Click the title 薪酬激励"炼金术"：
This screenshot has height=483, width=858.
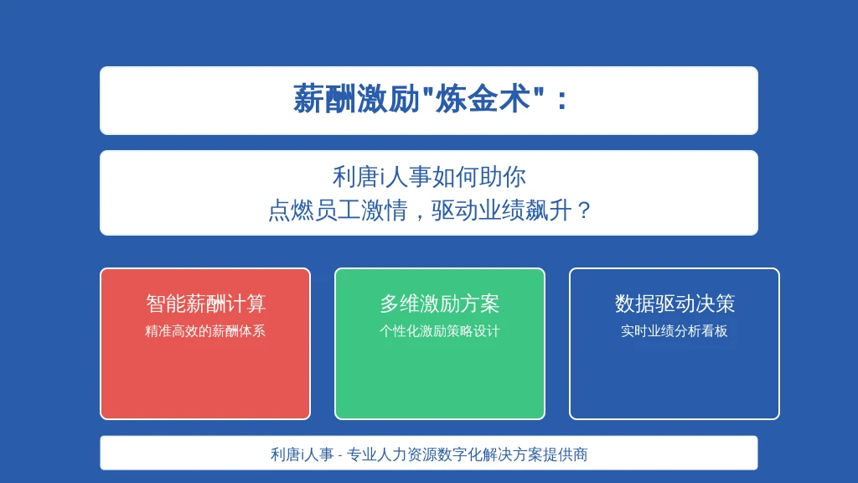(430, 99)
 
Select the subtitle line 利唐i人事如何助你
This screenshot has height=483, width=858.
(429, 177)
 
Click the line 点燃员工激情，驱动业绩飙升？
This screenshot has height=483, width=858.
(429, 210)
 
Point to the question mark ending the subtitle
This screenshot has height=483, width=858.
(584, 210)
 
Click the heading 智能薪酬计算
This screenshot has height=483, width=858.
(206, 304)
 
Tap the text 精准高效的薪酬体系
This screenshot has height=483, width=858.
(205, 330)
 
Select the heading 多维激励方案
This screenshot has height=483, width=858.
(439, 304)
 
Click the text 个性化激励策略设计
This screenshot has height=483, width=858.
(439, 330)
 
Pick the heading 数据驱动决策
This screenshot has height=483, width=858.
(675, 304)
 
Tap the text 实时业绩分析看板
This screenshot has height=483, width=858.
(675, 330)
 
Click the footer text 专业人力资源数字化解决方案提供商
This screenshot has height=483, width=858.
(468, 454)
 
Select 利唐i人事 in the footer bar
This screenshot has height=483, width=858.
(302, 454)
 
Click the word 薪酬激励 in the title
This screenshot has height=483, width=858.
(356, 99)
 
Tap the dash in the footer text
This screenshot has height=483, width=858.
(340, 455)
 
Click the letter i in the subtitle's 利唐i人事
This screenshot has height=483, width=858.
(383, 178)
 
